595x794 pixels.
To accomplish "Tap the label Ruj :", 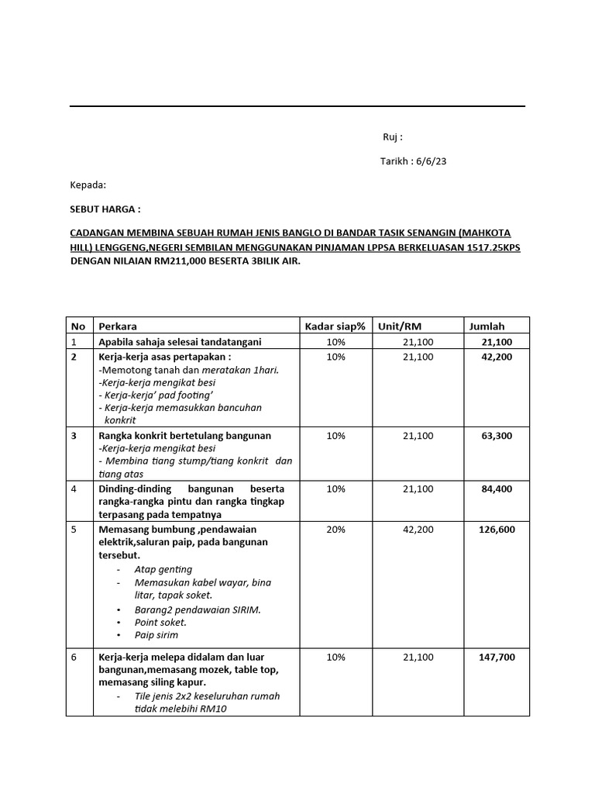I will [393, 137].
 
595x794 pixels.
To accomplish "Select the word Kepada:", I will [88, 185].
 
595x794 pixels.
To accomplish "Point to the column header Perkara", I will [118, 326].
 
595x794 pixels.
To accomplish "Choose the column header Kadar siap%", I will [335, 326].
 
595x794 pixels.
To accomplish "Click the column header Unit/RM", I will [399, 326].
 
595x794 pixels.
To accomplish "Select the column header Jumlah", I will [487, 326].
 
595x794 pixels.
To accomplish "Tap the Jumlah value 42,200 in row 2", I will [497, 357].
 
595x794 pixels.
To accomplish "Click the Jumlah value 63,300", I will [497, 436].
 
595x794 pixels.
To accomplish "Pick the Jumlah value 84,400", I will [497, 489].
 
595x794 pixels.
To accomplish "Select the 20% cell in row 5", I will [335, 530].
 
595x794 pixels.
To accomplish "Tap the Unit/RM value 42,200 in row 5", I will [418, 530].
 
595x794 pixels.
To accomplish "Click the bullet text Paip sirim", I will [156, 635].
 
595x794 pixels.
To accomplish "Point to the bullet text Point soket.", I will [160, 622].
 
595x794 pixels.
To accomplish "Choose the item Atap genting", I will [163, 569].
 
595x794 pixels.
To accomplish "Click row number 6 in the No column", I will [74, 657].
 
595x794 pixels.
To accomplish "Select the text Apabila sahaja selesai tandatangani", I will [180, 342].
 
